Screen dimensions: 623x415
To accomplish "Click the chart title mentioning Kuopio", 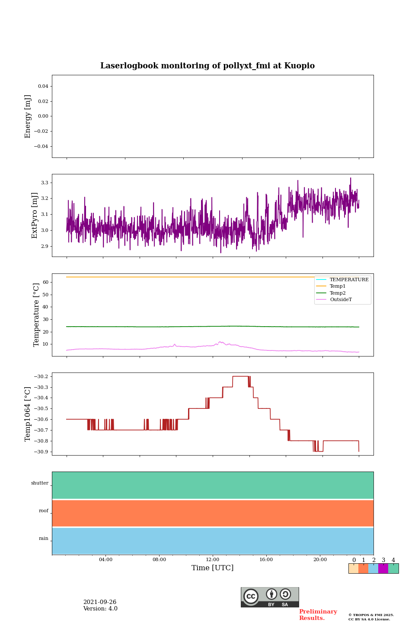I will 207,66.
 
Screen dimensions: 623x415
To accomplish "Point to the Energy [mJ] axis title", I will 28,116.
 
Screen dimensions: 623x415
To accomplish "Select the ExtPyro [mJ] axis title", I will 35,215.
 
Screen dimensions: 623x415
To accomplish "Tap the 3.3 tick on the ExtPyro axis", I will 45,183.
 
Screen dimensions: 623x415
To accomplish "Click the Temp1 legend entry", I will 338,286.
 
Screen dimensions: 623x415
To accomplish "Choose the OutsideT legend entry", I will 341,299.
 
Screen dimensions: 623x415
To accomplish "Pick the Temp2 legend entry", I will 338,293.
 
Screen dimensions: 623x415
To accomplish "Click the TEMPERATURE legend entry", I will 349,279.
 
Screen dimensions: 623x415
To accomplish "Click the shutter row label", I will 40,483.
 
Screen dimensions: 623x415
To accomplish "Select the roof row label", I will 44,511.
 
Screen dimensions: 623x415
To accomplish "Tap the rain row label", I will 44,539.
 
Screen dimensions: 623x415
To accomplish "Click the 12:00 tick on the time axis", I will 213,559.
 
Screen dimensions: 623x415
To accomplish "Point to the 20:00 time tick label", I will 320,559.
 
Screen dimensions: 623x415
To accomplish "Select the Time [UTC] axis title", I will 213,568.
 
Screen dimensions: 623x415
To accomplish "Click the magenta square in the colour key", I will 383,568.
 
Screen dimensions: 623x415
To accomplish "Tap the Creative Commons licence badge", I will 270,597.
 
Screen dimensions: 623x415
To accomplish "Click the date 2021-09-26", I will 100,602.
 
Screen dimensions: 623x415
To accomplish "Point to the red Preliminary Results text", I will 318,615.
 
